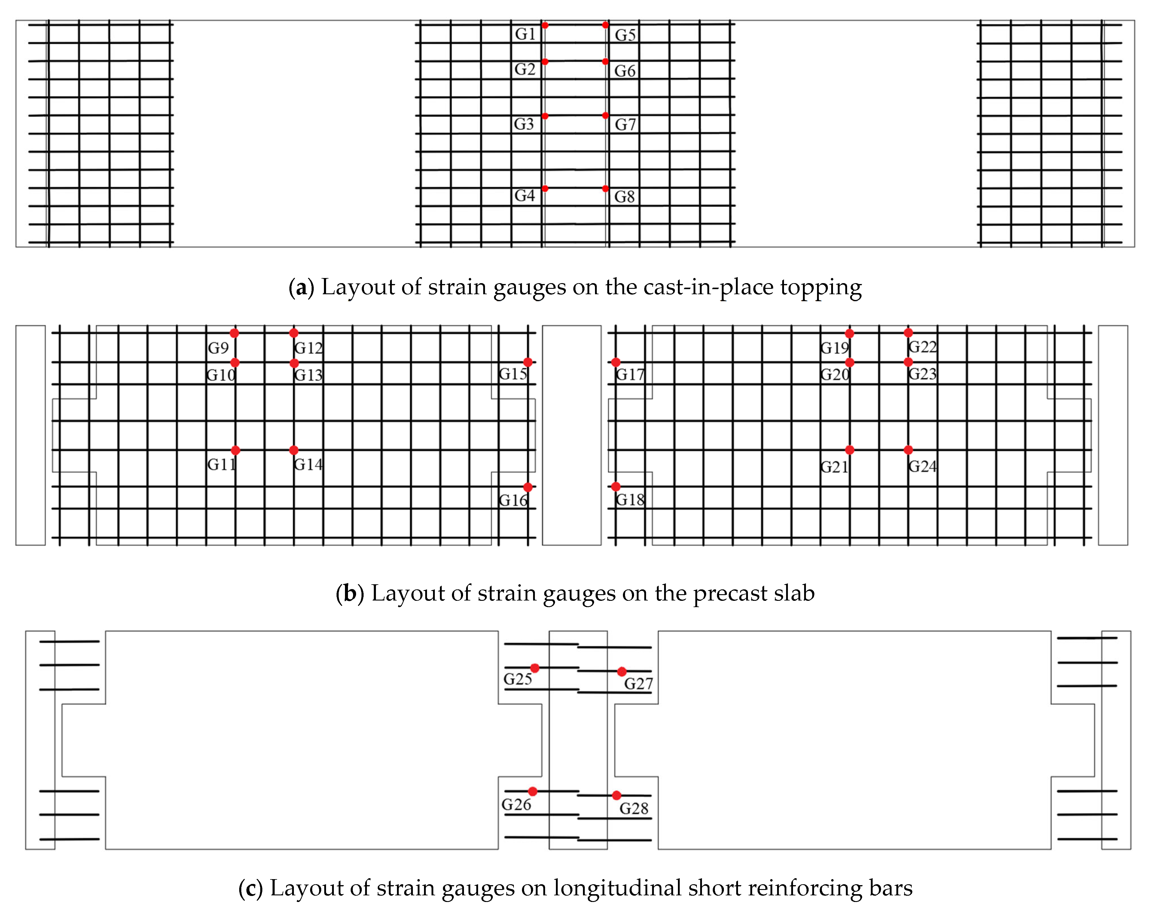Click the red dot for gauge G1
(544, 25)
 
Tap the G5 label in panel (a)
(625, 35)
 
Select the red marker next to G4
(544, 188)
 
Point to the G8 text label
(624, 197)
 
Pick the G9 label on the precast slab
(218, 348)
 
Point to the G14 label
(308, 464)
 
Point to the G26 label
(516, 805)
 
